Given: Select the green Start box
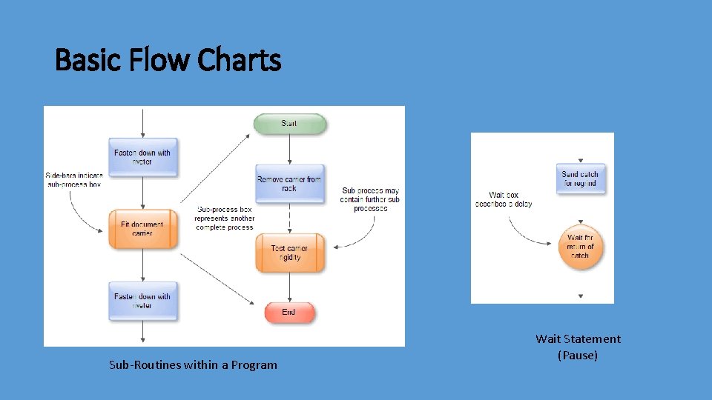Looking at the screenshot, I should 289,124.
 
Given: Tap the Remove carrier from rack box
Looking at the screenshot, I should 289,184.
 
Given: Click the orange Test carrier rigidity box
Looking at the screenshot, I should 289,253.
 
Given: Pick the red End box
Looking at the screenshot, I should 289,313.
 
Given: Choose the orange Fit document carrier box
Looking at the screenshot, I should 142,229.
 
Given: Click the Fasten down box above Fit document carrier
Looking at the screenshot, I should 142,157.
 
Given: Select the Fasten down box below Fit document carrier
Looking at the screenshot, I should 142,301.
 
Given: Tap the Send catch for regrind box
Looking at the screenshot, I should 580,179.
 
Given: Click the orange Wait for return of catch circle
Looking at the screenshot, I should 580,246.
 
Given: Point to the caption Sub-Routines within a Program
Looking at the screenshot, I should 193,364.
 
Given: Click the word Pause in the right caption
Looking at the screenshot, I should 578,356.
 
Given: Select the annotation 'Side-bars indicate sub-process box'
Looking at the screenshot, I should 73,179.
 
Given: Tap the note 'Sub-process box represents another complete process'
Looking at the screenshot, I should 225,219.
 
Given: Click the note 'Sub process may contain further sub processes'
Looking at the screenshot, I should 370,199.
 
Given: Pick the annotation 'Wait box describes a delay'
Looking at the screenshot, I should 504,199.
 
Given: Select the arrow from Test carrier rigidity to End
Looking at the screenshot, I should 289,287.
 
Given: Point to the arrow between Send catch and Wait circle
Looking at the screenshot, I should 580,209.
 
